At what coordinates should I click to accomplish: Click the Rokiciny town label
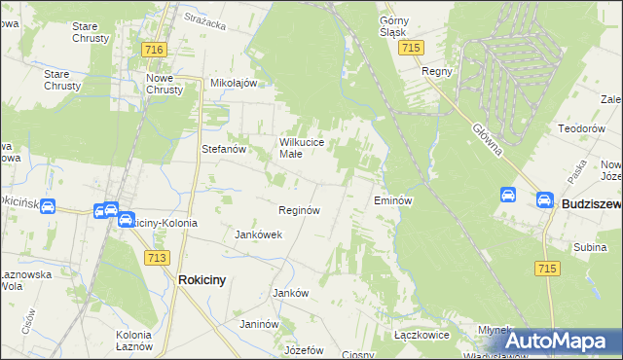tap(202, 279)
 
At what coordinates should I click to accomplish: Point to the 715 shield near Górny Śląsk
tap(411, 48)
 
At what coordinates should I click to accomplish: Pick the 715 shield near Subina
tap(546, 268)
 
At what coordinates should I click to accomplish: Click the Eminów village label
tap(394, 200)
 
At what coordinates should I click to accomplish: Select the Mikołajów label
tap(234, 83)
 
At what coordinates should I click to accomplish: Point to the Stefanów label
tap(222, 149)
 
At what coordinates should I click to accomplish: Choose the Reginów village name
tap(300, 209)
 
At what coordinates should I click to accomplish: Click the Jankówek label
tap(259, 234)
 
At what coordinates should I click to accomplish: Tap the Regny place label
tap(433, 71)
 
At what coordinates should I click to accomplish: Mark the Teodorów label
tap(582, 128)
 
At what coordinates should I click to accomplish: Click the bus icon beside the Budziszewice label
tap(544, 200)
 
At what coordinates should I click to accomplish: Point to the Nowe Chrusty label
tap(164, 84)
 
